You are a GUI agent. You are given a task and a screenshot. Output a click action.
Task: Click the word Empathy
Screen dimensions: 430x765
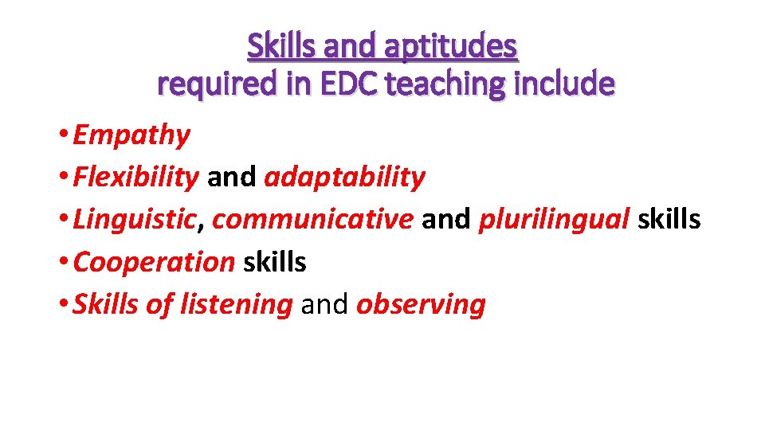click(x=131, y=135)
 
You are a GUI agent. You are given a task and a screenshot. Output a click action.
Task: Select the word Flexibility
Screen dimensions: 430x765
click(x=135, y=178)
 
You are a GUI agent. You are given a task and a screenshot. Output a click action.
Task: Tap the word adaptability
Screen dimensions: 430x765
click(x=344, y=178)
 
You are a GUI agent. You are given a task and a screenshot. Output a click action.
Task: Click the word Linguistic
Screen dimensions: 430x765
click(x=134, y=220)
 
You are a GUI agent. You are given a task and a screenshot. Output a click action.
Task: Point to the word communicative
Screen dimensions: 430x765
click(x=313, y=220)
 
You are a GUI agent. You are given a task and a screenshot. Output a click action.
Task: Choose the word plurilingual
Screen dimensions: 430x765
click(x=554, y=220)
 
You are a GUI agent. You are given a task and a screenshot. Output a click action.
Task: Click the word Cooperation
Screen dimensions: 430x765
click(x=154, y=262)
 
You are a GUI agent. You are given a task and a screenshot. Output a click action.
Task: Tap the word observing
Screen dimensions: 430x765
click(x=421, y=304)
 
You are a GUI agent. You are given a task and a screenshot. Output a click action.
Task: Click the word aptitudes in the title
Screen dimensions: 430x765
click(x=451, y=47)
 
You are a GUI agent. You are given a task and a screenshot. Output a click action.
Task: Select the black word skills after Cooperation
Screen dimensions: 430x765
click(x=274, y=262)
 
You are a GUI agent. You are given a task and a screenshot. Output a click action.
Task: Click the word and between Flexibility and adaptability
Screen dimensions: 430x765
click(x=231, y=178)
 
